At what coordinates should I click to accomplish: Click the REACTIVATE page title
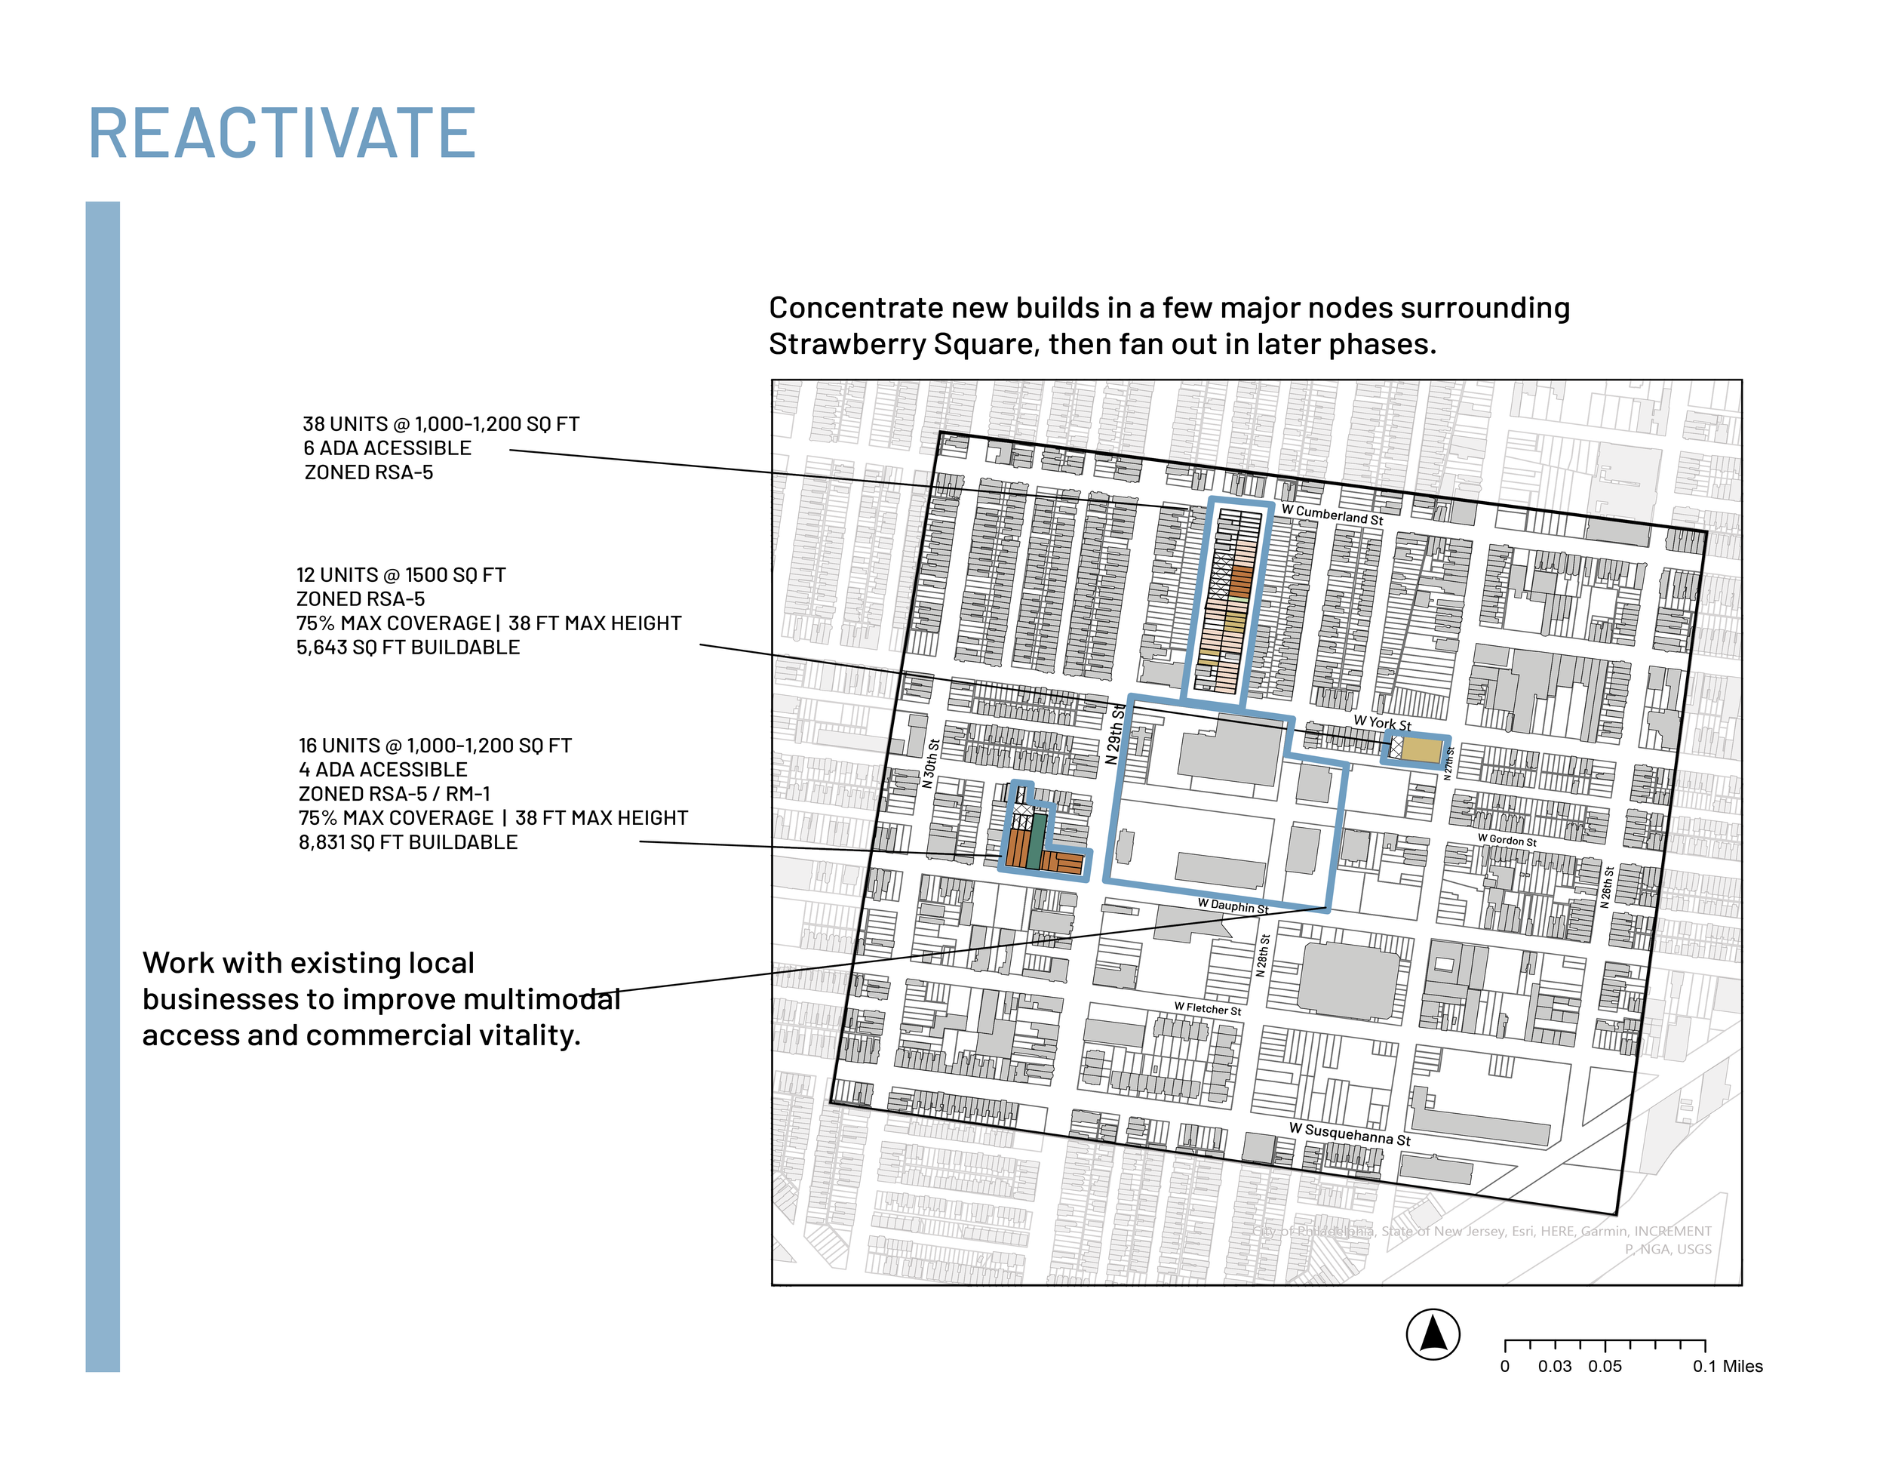(x=281, y=134)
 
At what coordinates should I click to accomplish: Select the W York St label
(x=1382, y=722)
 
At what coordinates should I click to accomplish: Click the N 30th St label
(x=930, y=764)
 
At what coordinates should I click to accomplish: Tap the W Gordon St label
(x=1507, y=840)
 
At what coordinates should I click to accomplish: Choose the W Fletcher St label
(x=1207, y=1008)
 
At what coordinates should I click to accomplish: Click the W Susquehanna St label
(x=1349, y=1133)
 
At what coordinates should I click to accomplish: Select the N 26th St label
(x=1607, y=886)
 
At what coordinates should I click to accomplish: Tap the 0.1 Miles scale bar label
(x=1727, y=1367)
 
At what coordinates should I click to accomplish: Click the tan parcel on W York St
(x=1421, y=749)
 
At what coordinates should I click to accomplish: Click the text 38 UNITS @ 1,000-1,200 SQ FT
(x=441, y=424)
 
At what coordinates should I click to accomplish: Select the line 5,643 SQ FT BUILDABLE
(x=407, y=647)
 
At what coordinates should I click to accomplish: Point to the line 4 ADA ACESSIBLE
(x=382, y=770)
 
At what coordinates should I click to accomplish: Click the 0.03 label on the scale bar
(x=1554, y=1367)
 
